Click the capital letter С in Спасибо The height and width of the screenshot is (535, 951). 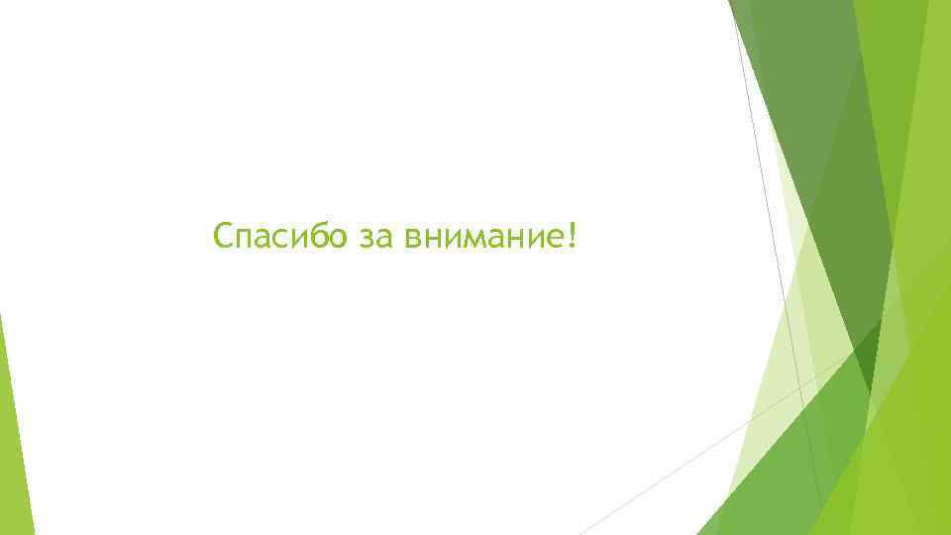pyautogui.click(x=224, y=238)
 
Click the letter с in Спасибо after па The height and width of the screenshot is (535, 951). pyautogui.click(x=280, y=241)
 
